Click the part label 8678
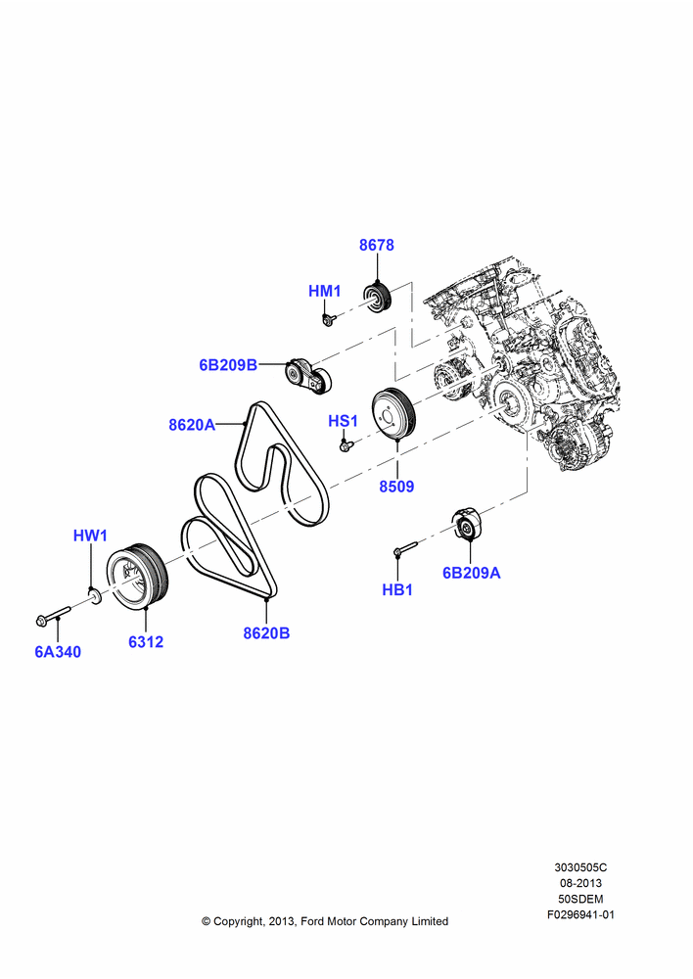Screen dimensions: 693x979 (x=377, y=245)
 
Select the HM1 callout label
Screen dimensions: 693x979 (x=325, y=291)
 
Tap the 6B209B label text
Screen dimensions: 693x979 (x=228, y=364)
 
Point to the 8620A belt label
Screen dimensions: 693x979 (x=192, y=425)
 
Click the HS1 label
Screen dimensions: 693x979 (x=343, y=421)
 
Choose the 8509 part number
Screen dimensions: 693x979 (x=396, y=486)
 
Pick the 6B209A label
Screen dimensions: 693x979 (x=472, y=573)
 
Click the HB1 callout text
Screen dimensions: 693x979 (x=397, y=589)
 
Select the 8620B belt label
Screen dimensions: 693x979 (x=266, y=632)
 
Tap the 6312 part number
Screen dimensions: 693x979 (x=146, y=641)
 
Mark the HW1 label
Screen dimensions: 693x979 (x=90, y=536)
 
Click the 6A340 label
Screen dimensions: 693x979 (x=58, y=651)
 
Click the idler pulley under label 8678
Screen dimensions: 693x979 (x=377, y=299)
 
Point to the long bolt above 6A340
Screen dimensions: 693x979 (x=53, y=615)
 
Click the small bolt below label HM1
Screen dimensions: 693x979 (x=329, y=320)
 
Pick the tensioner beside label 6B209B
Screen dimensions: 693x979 (x=308, y=376)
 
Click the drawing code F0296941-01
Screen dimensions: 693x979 (x=580, y=914)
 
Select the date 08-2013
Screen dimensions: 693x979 (x=580, y=883)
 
